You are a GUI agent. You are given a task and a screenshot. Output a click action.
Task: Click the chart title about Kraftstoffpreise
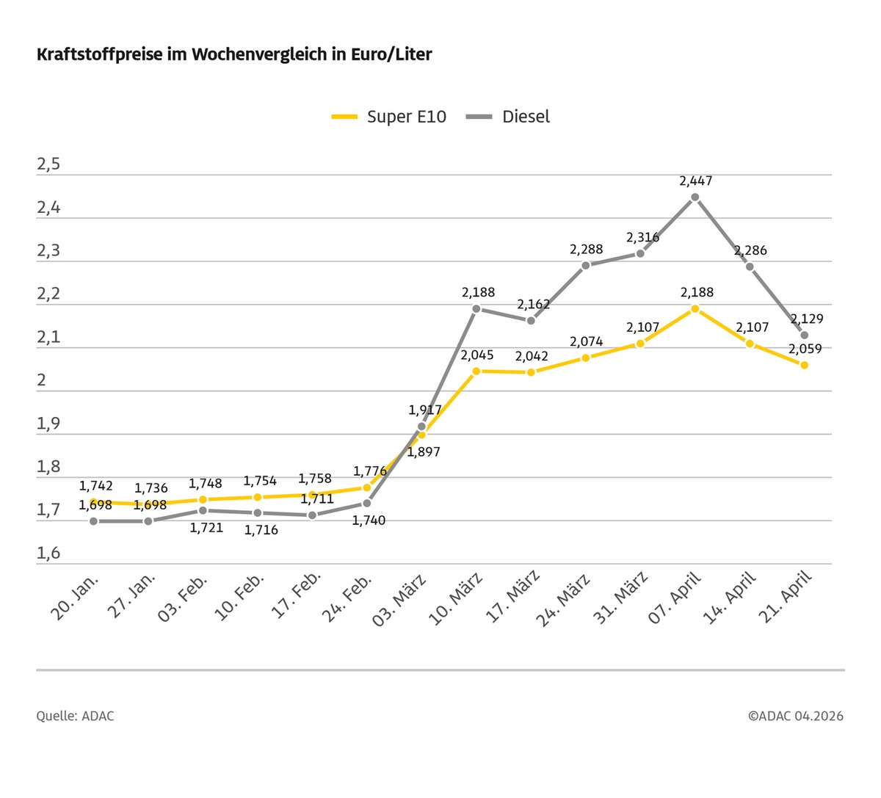click(x=234, y=54)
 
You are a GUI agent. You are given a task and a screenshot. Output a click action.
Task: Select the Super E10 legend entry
click(x=389, y=117)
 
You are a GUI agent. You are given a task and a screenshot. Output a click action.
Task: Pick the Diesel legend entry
click(x=509, y=117)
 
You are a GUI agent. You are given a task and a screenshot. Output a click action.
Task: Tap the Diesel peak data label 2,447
click(x=695, y=181)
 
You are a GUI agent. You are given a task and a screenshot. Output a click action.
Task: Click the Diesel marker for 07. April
click(x=695, y=197)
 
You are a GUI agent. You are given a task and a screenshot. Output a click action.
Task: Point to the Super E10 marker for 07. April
click(x=695, y=308)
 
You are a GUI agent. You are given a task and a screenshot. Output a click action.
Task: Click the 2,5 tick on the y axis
click(x=48, y=164)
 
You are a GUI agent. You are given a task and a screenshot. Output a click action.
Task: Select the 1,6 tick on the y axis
click(x=48, y=553)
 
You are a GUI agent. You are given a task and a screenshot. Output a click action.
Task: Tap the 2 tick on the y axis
click(x=42, y=380)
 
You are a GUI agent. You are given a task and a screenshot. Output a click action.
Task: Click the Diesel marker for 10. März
click(x=476, y=308)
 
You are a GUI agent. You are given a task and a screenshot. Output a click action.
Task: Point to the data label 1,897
click(x=424, y=452)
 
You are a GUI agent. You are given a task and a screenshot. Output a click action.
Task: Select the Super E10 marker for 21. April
click(x=804, y=365)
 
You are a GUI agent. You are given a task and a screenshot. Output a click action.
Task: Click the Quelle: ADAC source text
click(x=75, y=716)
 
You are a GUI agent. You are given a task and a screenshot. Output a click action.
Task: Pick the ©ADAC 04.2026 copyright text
click(x=796, y=716)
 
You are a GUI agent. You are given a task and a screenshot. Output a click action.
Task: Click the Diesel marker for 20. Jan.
click(x=93, y=521)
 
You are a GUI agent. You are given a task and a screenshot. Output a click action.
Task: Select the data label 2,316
click(x=642, y=237)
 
